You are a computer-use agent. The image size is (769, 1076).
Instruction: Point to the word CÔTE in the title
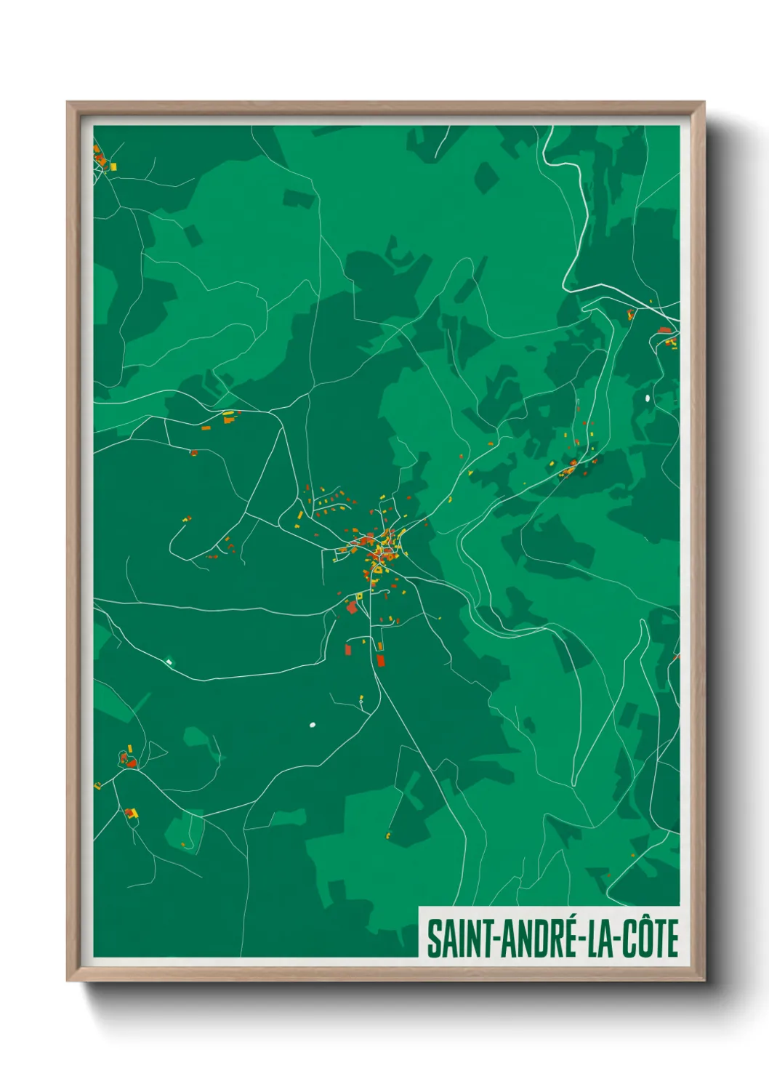click(651, 939)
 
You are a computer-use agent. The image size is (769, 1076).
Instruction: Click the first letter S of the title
click(433, 939)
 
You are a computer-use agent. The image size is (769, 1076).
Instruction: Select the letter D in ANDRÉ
click(538, 939)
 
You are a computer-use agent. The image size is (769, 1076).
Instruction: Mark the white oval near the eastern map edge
click(647, 398)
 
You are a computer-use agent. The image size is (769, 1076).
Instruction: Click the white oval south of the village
click(313, 724)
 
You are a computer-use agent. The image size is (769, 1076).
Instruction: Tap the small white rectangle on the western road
click(169, 662)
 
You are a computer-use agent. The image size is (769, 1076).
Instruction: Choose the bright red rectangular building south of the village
click(379, 660)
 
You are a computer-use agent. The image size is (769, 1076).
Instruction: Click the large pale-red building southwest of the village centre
click(352, 606)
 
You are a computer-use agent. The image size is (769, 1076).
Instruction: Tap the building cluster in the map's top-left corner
click(102, 159)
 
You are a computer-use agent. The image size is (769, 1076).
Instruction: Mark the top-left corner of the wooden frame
click(68, 103)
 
